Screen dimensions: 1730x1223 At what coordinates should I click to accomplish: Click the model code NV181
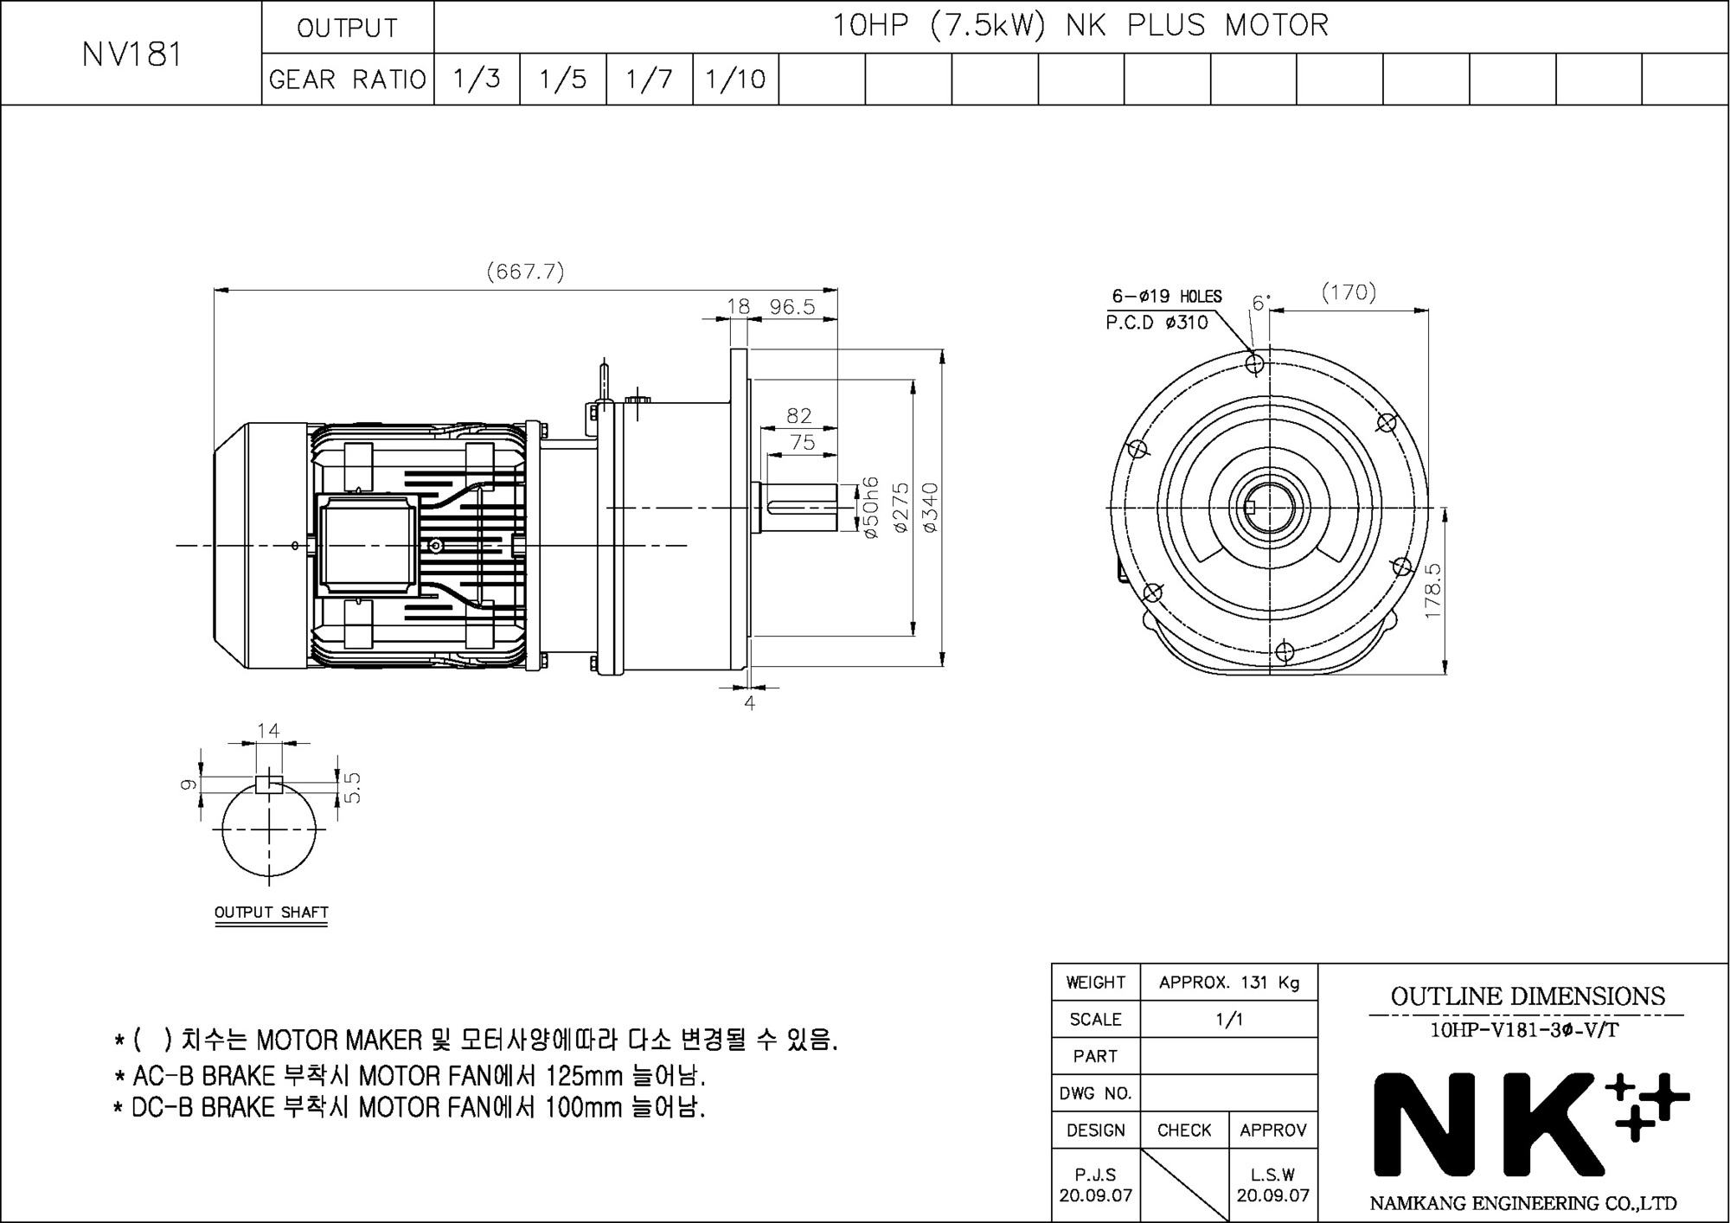point(132,54)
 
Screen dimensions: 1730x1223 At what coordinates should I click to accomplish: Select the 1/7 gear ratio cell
point(649,80)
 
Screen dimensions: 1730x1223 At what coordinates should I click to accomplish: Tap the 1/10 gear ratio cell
point(735,80)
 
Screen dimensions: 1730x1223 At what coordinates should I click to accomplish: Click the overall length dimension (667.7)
point(525,272)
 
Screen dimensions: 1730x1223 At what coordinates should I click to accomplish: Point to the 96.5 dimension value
point(792,307)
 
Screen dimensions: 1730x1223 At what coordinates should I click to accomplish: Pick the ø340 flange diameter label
point(931,507)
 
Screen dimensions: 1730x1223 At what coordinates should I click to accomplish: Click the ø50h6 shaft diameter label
point(871,508)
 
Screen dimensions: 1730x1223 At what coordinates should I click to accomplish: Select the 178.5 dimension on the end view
point(1432,591)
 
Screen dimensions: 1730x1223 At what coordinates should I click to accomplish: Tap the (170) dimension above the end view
point(1349,292)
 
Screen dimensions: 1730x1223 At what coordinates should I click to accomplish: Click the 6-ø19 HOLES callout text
point(1167,297)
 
